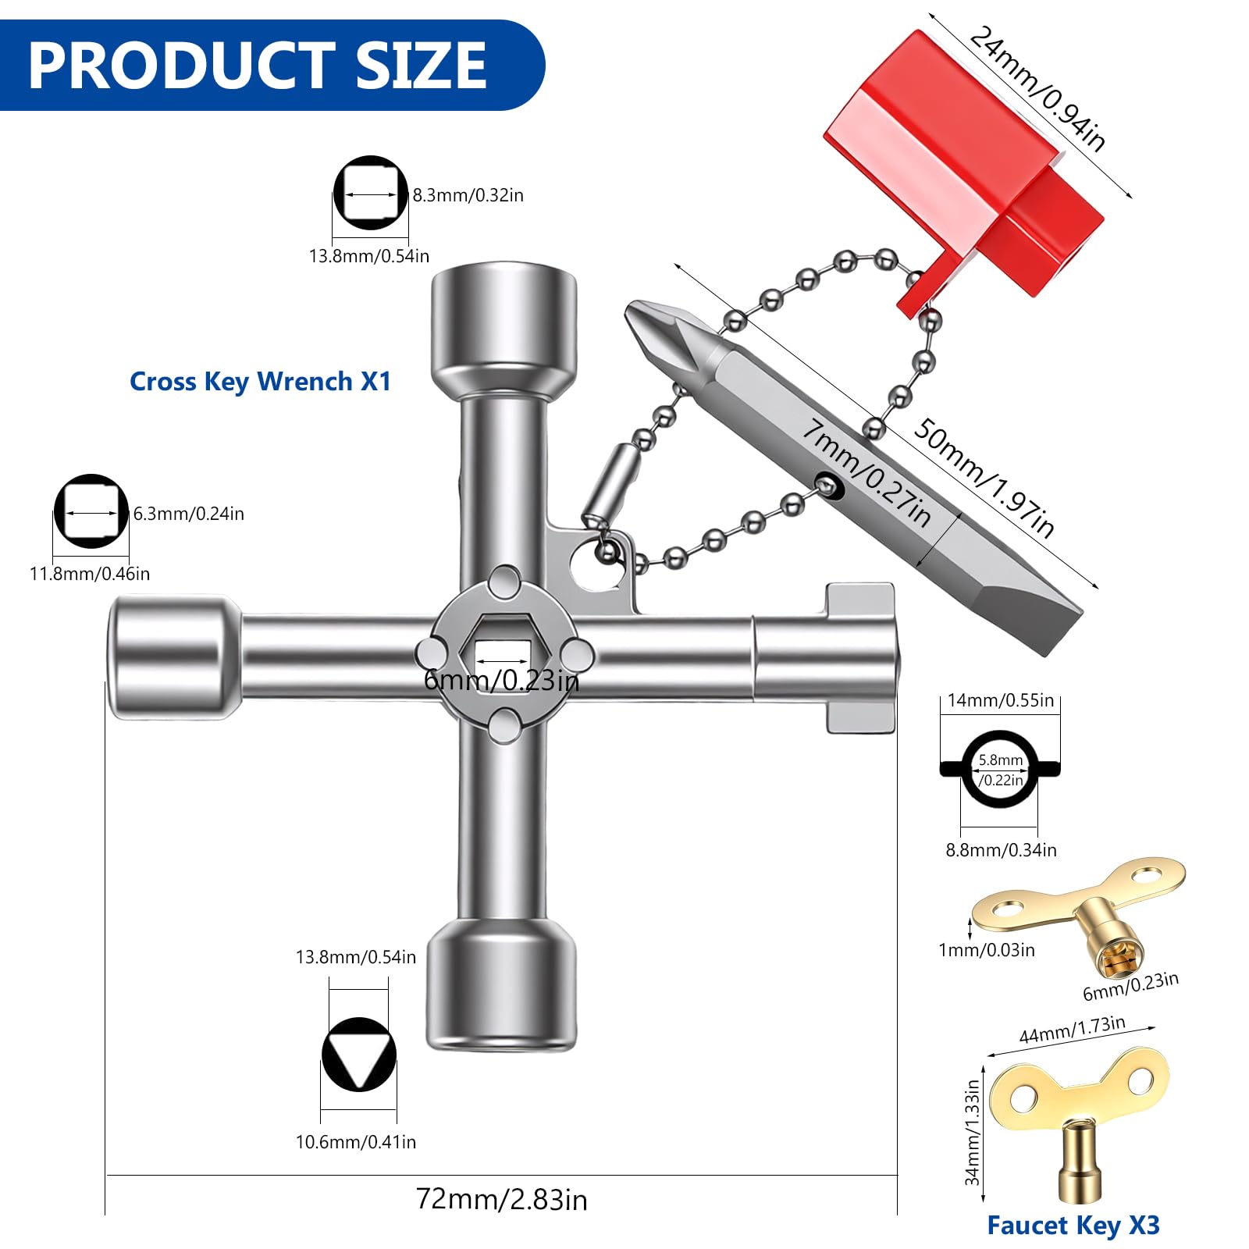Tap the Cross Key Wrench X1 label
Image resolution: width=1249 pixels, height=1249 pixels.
260,381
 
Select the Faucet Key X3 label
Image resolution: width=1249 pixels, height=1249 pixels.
1073,1226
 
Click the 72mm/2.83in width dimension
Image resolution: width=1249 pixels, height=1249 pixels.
501,1199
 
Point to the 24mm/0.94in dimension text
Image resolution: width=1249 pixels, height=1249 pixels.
1037,88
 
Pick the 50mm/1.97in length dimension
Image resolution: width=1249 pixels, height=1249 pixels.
984,478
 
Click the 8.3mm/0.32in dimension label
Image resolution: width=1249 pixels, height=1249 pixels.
468,195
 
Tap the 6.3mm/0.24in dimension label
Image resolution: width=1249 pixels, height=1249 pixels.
189,514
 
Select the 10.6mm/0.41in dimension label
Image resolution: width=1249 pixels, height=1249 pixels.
356,1142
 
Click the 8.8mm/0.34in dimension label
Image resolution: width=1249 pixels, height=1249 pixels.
1002,850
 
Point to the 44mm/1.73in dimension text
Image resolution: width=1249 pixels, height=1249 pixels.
1073,1030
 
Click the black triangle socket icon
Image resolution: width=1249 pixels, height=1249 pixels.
359,1055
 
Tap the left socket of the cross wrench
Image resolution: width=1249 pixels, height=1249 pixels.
176,657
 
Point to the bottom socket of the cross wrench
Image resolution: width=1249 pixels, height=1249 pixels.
501,985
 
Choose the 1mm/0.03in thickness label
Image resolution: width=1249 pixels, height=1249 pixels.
987,950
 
